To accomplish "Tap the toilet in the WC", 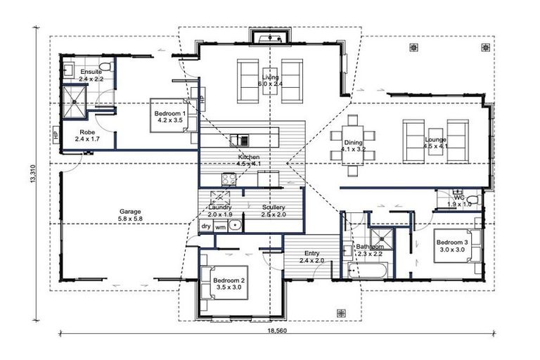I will (474, 201).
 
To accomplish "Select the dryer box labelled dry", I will (205, 226).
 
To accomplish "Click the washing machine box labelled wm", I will (220, 226).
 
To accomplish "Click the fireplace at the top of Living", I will (271, 37).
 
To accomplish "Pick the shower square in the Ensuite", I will (72, 103).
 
